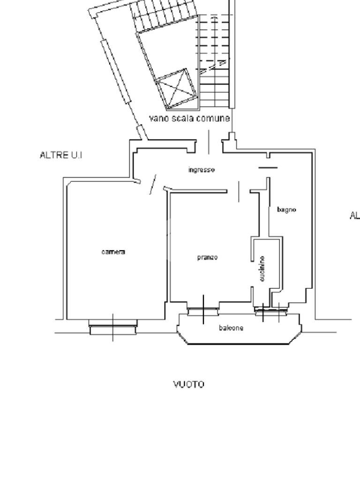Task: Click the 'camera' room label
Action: [x=113, y=252]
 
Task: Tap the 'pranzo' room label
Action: [x=207, y=257]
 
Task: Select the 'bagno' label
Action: [x=286, y=210]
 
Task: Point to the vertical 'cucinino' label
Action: [x=262, y=269]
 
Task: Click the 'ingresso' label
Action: [x=202, y=170]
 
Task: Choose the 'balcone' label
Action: [x=231, y=328]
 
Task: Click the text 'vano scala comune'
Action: [x=189, y=118]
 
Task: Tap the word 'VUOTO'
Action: [x=189, y=384]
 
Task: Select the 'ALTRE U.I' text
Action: [x=61, y=155]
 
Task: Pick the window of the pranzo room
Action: [x=203, y=310]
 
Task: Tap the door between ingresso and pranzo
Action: [x=239, y=191]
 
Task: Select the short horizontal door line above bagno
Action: [x=268, y=167]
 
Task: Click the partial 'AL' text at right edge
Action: [x=354, y=216]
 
